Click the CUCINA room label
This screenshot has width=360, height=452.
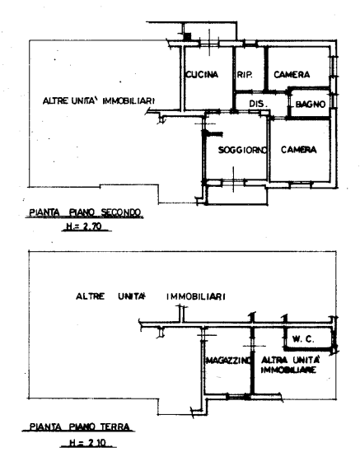[x=202, y=75]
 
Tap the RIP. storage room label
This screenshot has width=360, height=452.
[x=245, y=75]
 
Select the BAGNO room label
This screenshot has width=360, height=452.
[x=311, y=104]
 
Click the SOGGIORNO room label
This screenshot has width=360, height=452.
[x=242, y=150]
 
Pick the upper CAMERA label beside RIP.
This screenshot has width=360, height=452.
[x=292, y=75]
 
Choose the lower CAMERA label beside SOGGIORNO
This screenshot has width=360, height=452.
[x=298, y=150]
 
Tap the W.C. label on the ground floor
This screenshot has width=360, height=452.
[x=303, y=338]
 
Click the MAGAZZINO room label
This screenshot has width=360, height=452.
[x=228, y=361]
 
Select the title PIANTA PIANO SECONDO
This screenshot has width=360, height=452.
[x=85, y=212]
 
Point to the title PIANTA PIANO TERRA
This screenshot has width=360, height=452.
[x=80, y=426]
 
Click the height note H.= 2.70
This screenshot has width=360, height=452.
[x=84, y=226]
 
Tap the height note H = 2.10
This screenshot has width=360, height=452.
[x=87, y=442]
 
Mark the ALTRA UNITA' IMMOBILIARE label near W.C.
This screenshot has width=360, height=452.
[x=291, y=365]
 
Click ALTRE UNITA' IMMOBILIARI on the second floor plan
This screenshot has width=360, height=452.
[x=99, y=101]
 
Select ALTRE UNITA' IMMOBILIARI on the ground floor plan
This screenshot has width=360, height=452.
[x=151, y=296]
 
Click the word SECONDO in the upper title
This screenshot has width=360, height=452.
[x=121, y=212]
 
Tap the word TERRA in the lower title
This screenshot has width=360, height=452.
[x=115, y=426]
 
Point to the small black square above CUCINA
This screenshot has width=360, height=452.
[x=187, y=36]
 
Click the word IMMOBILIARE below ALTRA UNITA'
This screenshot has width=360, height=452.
[x=288, y=370]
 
